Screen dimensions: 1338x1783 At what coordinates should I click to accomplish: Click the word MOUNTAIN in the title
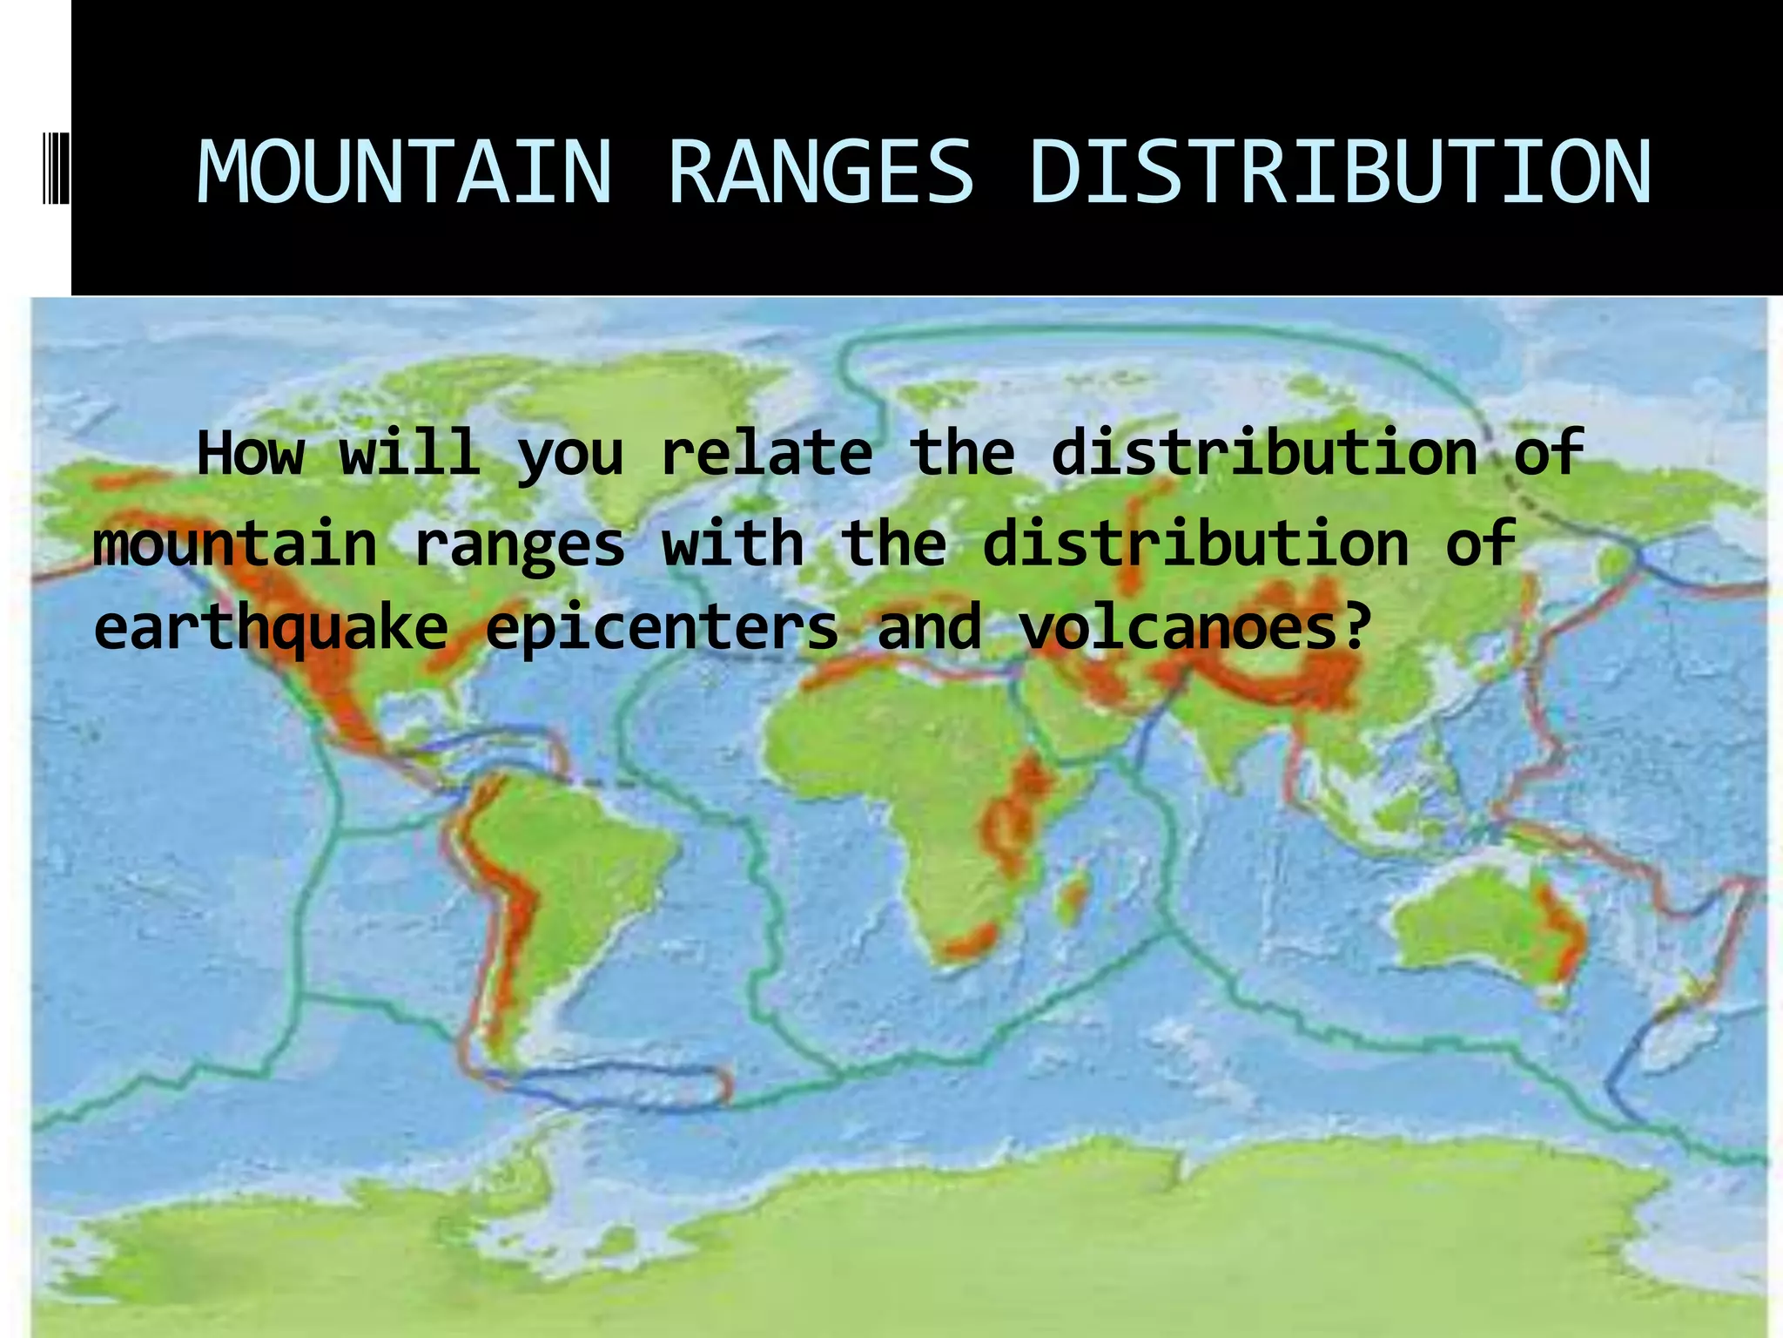coord(405,172)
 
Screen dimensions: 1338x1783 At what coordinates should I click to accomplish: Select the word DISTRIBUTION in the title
coord(1339,172)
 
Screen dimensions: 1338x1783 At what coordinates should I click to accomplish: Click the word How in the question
coord(251,453)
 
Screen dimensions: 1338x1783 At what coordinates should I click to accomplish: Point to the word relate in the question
coord(766,453)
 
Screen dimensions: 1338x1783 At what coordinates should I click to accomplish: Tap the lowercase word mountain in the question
coord(234,544)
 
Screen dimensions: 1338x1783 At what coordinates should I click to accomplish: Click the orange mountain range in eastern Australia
coord(1564,932)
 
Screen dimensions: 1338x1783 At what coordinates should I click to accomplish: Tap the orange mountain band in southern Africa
coord(971,941)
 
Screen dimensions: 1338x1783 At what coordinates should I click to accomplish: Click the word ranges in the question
coord(519,545)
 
